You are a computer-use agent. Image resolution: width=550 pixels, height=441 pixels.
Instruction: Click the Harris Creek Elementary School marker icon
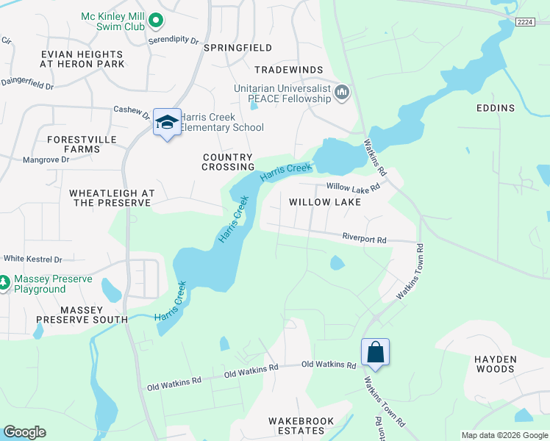coord(167,123)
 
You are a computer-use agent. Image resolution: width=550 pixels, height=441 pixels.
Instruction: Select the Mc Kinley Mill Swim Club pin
coord(155,21)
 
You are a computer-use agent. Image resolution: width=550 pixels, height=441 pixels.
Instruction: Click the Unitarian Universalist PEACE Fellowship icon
coord(341,93)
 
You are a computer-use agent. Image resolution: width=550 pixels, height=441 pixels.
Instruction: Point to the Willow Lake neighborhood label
coord(324,201)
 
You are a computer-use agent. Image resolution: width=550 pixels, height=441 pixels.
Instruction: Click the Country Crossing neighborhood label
coord(227,162)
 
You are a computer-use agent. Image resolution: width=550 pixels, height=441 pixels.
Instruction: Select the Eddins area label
coord(496,108)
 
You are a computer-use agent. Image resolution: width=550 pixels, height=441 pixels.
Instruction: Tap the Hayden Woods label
coord(496,364)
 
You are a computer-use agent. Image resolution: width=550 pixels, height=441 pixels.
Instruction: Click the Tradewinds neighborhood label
coord(289,70)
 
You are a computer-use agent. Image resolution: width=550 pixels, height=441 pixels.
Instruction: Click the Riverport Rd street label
coord(364,238)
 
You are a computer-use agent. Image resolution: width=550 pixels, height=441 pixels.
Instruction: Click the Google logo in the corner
coord(24,432)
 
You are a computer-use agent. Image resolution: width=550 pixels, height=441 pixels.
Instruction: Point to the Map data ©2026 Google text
coord(504,435)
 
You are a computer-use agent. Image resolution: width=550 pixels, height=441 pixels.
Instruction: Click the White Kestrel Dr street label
coord(33,259)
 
